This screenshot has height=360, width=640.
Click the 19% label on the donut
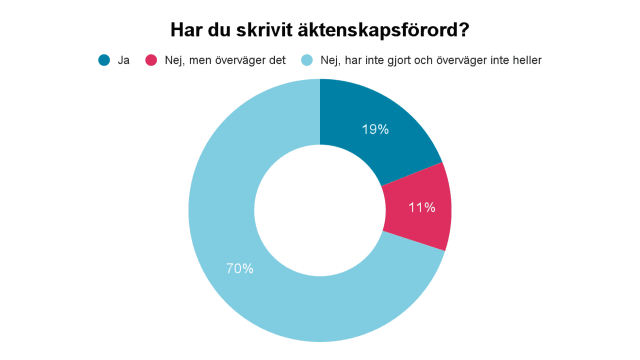(375, 129)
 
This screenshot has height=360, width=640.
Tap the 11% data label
(421, 207)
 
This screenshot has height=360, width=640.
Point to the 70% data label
(240, 268)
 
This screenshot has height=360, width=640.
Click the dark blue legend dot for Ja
(104, 60)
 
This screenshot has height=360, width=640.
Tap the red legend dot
(151, 60)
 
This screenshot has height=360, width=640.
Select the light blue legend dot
(306, 60)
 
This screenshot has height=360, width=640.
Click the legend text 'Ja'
(123, 60)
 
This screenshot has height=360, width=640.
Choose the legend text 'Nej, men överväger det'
(225, 60)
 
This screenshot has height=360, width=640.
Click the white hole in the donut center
(319, 210)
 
